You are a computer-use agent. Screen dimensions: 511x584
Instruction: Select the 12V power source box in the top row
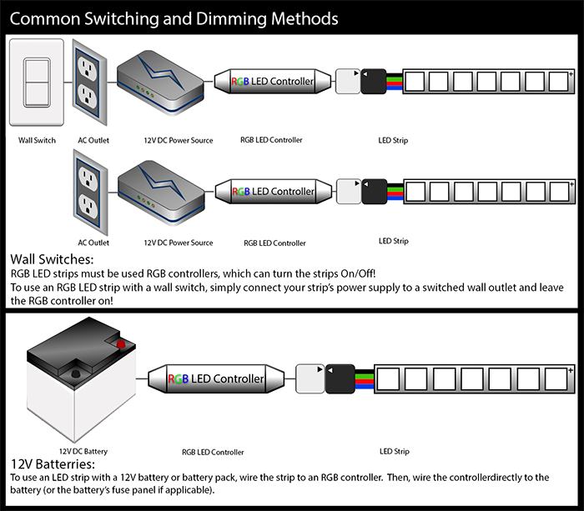click(x=159, y=82)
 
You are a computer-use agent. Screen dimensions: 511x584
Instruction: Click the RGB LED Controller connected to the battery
click(x=219, y=379)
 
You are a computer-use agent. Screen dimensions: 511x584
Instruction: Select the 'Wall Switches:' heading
click(x=52, y=259)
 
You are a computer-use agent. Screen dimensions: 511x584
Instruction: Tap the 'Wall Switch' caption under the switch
click(x=37, y=140)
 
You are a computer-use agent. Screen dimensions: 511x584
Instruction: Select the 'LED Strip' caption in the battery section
click(x=395, y=451)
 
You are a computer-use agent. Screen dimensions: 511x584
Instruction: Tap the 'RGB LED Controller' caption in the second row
click(x=274, y=243)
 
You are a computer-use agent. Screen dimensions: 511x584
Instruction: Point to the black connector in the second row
click(x=375, y=191)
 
